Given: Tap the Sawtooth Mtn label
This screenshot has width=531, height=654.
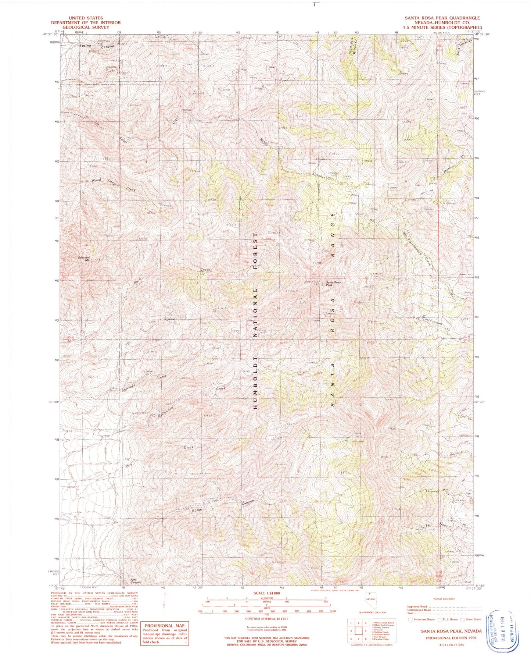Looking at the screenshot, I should tap(85, 259).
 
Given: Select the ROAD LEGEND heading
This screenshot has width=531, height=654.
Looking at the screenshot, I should tap(443, 598).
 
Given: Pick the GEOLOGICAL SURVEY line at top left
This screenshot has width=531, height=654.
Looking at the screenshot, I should tap(86, 27).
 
